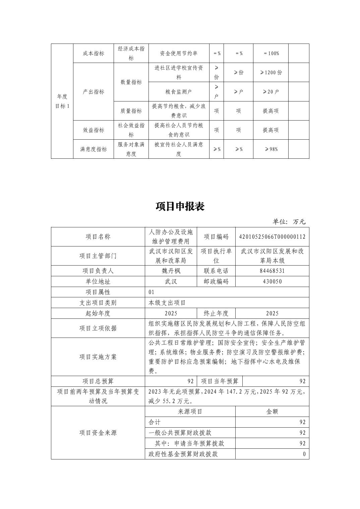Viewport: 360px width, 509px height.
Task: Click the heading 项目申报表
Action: click(x=180, y=206)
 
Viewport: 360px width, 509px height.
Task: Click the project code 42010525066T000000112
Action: click(x=272, y=237)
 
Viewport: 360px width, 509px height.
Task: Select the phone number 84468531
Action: click(x=272, y=271)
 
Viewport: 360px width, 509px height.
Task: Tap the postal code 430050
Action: click(x=272, y=281)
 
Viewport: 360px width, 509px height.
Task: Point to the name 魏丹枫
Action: click(x=171, y=271)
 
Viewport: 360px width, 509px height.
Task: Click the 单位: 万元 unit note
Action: click(x=289, y=222)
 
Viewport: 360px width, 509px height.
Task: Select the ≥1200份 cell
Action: click(x=271, y=72)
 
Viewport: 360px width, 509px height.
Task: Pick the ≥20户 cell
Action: click(x=271, y=92)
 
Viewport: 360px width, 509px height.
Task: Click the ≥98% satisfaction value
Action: click(x=271, y=149)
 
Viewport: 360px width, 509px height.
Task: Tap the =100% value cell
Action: click(x=271, y=53)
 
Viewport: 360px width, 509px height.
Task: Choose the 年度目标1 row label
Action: click(x=62, y=101)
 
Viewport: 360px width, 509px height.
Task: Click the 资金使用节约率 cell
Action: click(x=179, y=53)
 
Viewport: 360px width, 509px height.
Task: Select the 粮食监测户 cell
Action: click(x=179, y=92)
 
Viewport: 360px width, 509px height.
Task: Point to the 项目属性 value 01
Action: click(x=152, y=292)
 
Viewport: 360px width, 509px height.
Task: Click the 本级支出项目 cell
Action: click(x=167, y=303)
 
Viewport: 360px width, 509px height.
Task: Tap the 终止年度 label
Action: click(x=216, y=313)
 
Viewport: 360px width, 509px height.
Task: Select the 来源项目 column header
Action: click(x=190, y=412)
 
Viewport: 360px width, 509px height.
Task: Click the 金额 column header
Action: click(x=272, y=412)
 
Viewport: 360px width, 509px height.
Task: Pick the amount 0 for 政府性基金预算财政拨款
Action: click(x=304, y=454)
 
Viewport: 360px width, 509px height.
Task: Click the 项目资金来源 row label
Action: click(x=98, y=433)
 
